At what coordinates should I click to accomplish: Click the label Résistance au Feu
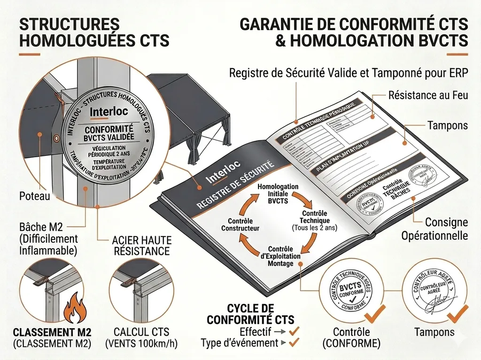pos(428,95)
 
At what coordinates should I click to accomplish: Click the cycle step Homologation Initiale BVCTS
pos(278,193)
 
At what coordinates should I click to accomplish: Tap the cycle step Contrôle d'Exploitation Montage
pos(280,256)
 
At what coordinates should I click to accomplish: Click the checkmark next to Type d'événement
pos(295,343)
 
